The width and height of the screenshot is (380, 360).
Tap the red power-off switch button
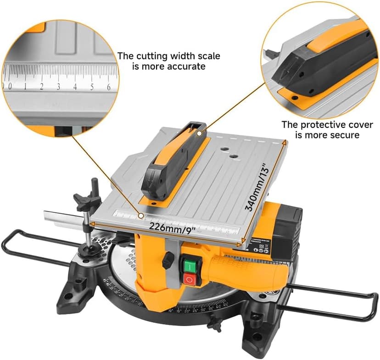pos(189,279)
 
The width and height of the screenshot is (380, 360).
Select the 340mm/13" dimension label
pos(257,188)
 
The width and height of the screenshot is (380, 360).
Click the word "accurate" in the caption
pos(186,66)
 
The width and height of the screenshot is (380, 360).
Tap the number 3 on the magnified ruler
pos(58,86)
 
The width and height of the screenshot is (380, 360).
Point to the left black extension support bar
pos(32,248)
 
